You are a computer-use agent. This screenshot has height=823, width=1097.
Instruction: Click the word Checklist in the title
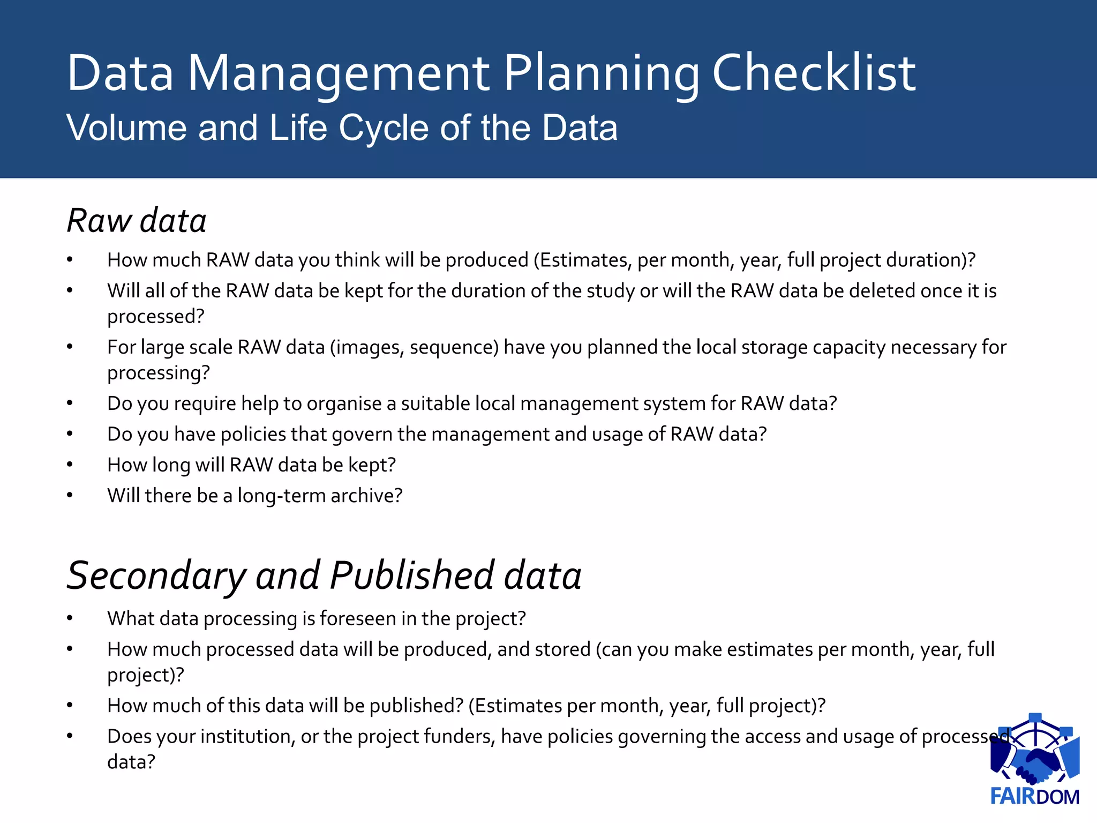coord(814,73)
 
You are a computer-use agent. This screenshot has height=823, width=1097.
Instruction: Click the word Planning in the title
coord(601,73)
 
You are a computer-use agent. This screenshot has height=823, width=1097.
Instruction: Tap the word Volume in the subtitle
coord(126,128)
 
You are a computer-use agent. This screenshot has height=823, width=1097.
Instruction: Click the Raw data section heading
coord(137,220)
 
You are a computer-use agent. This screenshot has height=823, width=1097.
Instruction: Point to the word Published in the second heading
coord(412,575)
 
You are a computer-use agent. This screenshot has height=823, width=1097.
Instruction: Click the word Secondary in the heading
coord(155,575)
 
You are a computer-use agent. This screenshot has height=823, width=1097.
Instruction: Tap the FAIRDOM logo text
coord(1035,797)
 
